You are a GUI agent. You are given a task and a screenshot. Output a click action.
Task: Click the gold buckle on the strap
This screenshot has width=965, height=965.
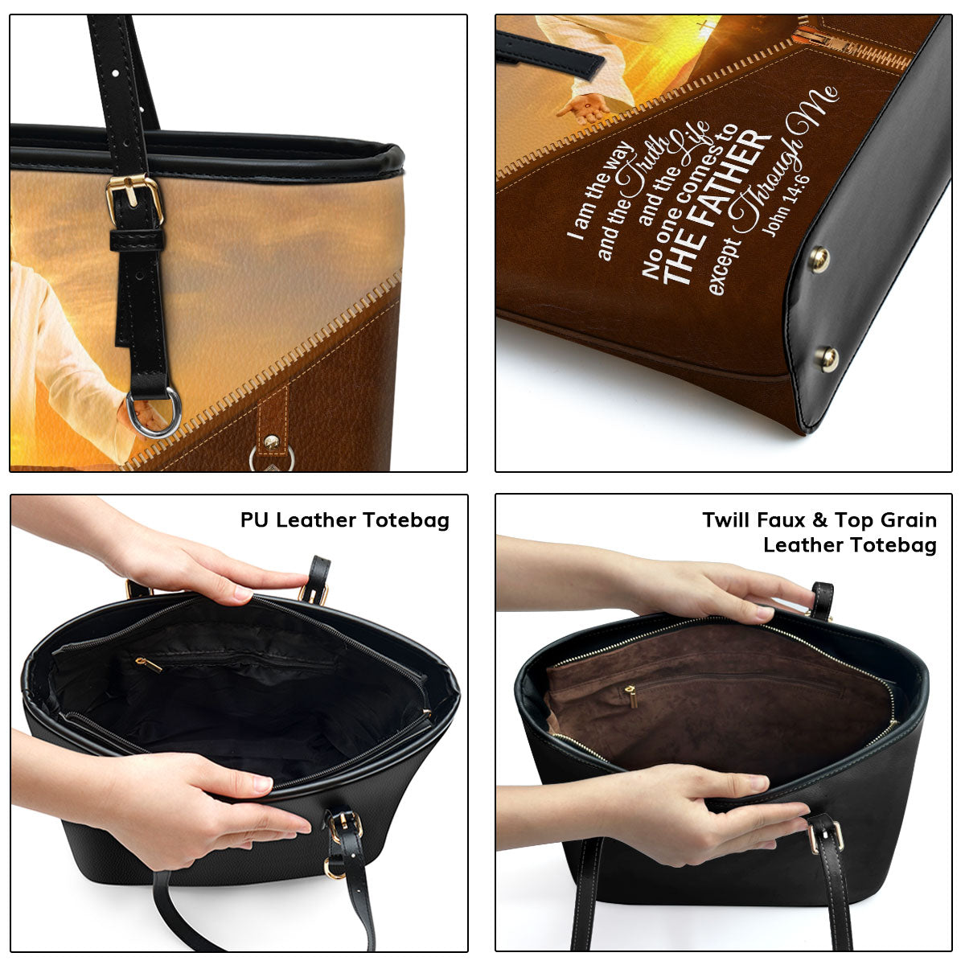(134, 199)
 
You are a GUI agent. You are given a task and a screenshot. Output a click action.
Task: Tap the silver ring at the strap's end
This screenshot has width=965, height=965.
(154, 412)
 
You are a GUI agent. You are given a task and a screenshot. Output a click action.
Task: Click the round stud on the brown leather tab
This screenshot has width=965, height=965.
(272, 441)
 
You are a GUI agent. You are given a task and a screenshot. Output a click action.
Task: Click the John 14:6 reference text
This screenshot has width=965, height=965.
(785, 206)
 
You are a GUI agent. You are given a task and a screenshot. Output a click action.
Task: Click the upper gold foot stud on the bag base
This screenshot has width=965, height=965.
(819, 259)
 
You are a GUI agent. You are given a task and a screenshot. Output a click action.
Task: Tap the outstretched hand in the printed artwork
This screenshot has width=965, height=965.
(582, 109)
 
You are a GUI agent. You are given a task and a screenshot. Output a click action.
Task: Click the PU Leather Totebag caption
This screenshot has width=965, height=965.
(344, 521)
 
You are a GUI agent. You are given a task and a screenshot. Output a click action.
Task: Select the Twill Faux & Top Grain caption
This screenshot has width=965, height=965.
(819, 520)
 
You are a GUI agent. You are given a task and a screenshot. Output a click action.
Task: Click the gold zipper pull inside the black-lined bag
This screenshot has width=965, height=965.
(148, 664)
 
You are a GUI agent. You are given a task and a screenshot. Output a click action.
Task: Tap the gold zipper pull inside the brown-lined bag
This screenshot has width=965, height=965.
(631, 696)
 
